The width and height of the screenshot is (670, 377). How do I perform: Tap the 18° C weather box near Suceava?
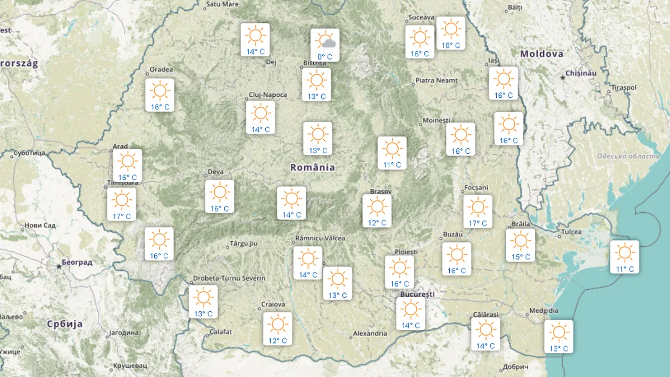click(x=451, y=33)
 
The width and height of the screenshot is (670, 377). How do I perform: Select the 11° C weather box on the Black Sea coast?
click(x=624, y=257)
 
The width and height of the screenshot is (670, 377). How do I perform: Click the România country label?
click(x=313, y=167)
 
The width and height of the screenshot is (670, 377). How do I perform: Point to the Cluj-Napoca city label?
click(x=268, y=95)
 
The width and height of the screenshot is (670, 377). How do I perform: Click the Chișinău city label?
click(x=581, y=73)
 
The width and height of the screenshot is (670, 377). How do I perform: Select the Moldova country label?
click(x=541, y=54)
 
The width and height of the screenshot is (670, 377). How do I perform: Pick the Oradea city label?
click(x=161, y=70)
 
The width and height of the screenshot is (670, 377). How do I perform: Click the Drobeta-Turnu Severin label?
click(x=229, y=278)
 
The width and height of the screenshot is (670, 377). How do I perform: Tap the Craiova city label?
click(x=273, y=305)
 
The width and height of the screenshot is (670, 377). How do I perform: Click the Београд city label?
click(x=77, y=262)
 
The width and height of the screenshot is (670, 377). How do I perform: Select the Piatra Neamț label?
click(x=436, y=81)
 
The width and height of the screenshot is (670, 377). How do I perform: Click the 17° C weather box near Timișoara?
click(x=121, y=205)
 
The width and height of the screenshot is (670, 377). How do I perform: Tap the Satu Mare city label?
click(x=222, y=4)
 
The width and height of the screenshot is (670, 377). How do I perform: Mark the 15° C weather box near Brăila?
click(x=521, y=245)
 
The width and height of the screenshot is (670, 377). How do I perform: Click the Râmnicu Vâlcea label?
click(x=320, y=238)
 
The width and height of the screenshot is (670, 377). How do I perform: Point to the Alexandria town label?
click(x=370, y=334)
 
